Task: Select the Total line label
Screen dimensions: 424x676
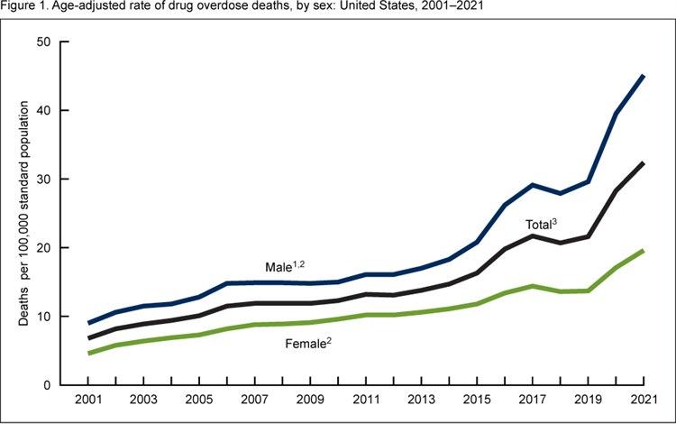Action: tap(544, 225)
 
